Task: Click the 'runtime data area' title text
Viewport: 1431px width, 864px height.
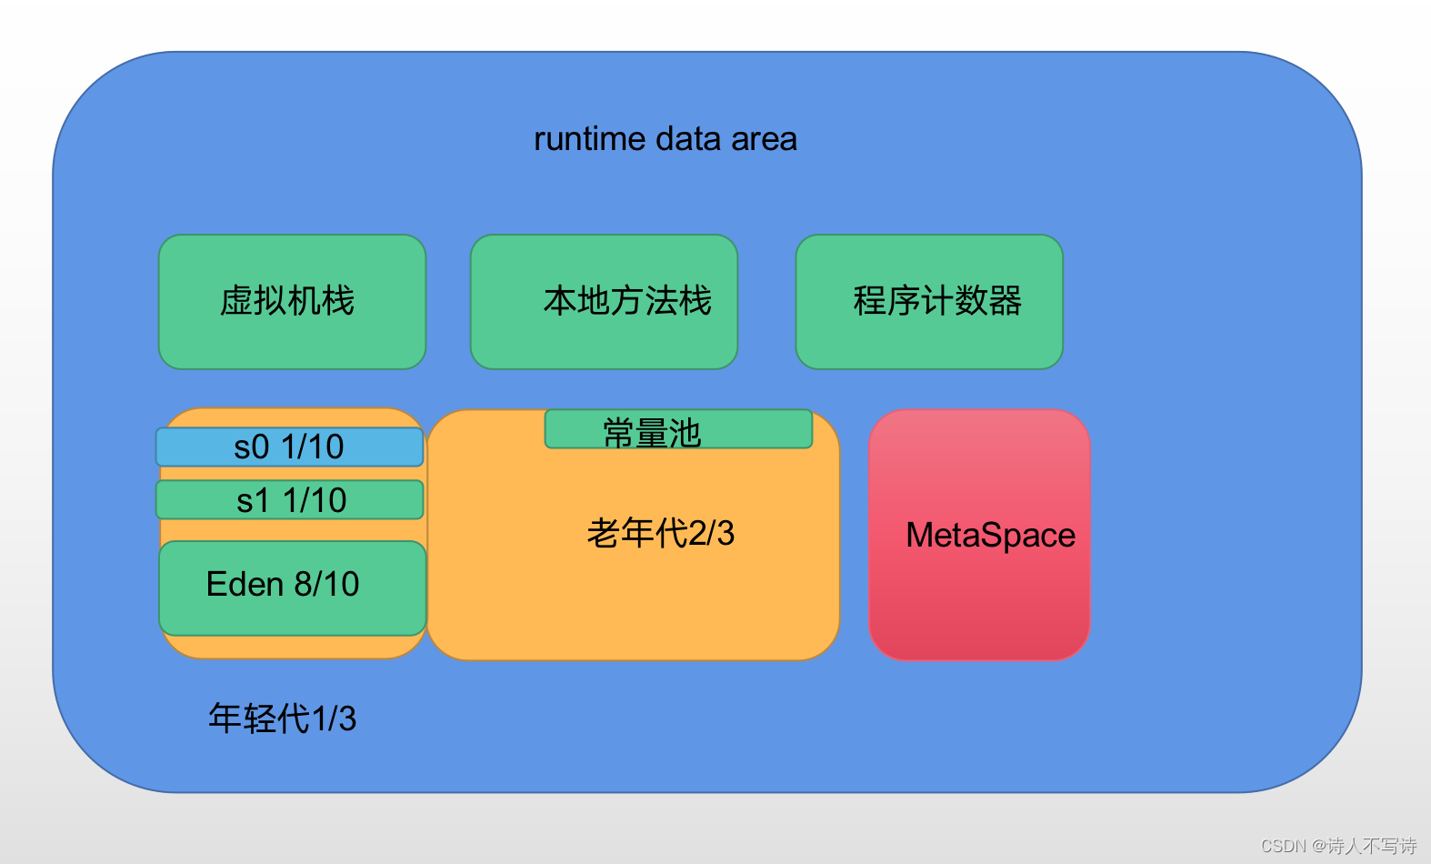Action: pyautogui.click(x=665, y=139)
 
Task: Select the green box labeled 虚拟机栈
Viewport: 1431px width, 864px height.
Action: pyautogui.click(x=292, y=302)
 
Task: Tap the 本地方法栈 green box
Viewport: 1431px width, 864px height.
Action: pyautogui.click(x=604, y=302)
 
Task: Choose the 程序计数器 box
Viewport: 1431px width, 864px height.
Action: pyautogui.click(x=929, y=302)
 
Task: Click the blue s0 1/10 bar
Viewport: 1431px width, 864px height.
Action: pyautogui.click(x=289, y=447)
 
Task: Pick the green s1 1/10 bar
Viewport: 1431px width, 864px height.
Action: pyautogui.click(x=289, y=500)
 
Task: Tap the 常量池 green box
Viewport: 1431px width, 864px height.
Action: pyautogui.click(x=677, y=429)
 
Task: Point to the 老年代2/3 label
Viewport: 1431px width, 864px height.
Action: pyautogui.click(x=660, y=533)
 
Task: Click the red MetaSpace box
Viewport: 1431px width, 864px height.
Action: pyautogui.click(x=979, y=535)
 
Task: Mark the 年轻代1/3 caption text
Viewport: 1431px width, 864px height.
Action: pyautogui.click(x=282, y=718)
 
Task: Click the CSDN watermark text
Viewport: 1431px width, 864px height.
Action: pyautogui.click(x=1338, y=846)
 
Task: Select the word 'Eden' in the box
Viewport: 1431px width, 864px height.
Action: pyautogui.click(x=245, y=584)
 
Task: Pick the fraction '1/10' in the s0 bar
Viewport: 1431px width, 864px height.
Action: pyautogui.click(x=313, y=447)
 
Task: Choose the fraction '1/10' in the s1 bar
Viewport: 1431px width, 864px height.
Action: pyautogui.click(x=315, y=500)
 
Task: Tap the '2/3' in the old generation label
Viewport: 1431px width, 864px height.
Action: pyautogui.click(x=712, y=533)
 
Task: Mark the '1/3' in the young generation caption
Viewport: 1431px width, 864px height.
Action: pyautogui.click(x=335, y=718)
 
